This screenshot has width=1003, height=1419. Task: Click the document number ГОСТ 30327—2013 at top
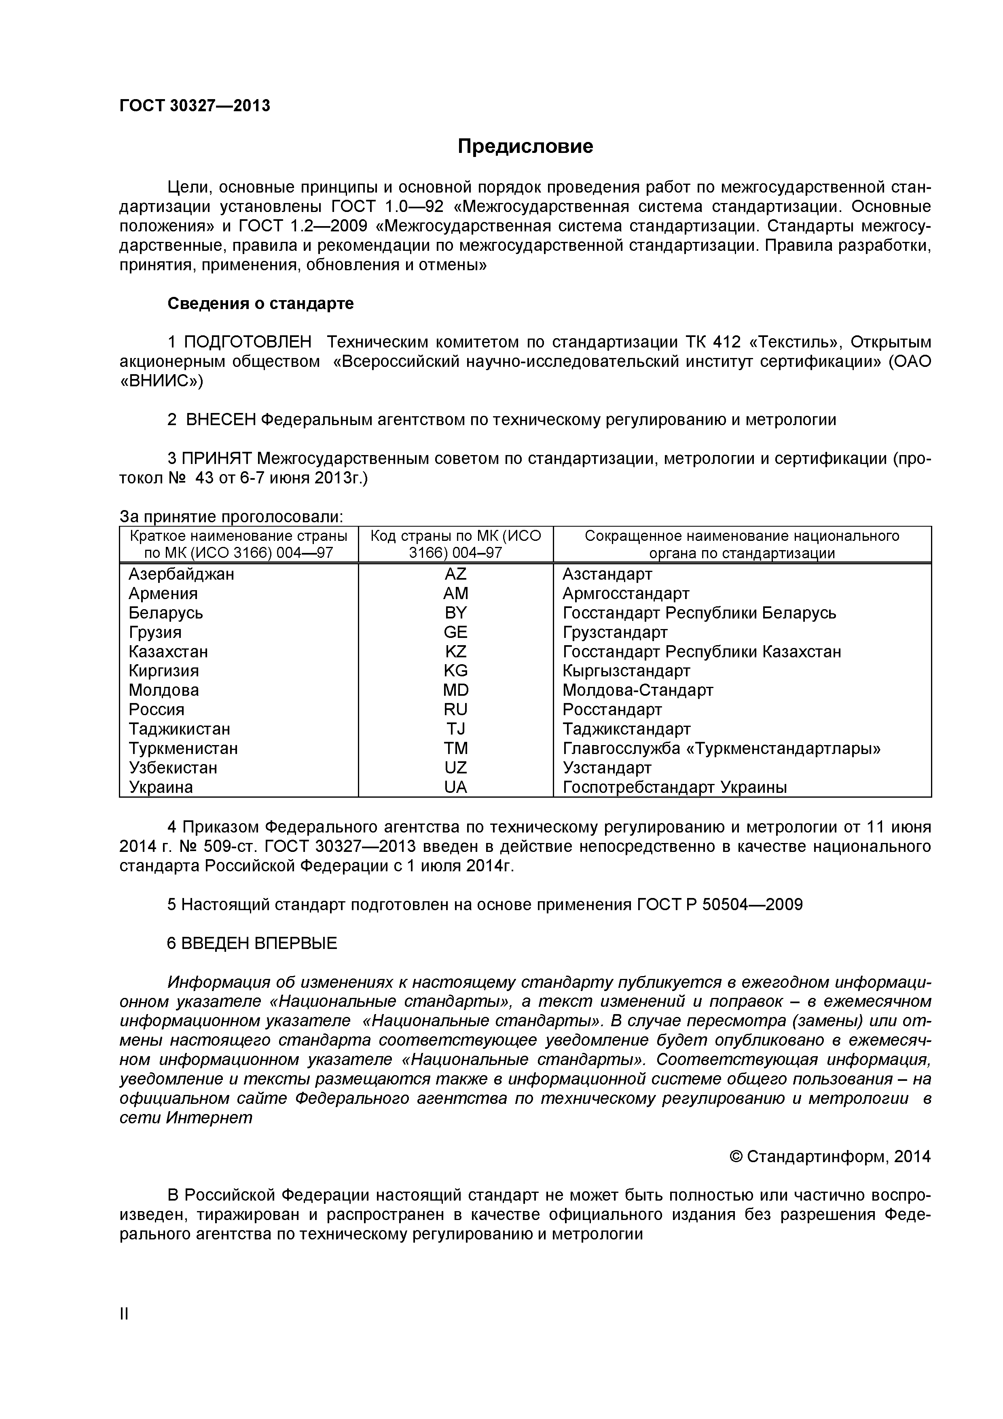(x=195, y=106)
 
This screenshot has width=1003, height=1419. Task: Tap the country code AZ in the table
(x=455, y=574)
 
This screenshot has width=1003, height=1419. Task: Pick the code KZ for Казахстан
(x=455, y=651)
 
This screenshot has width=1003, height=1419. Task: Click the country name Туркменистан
(x=183, y=748)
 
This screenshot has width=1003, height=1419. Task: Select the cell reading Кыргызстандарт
(x=626, y=671)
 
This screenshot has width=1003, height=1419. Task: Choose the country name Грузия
(x=155, y=632)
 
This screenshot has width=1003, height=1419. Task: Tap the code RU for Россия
(x=455, y=709)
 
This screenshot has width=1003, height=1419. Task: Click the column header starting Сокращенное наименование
(x=742, y=544)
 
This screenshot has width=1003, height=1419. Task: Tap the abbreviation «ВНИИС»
(x=161, y=381)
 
